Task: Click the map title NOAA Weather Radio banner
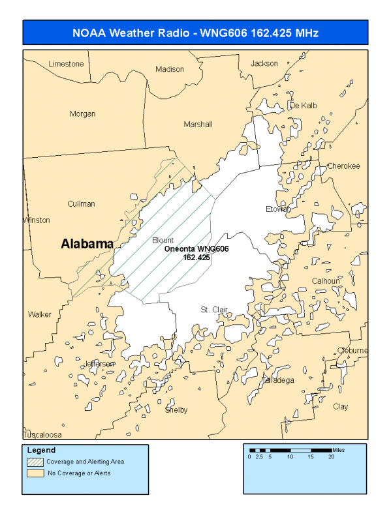[x=196, y=32]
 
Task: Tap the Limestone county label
[x=66, y=64]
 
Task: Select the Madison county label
[x=170, y=69]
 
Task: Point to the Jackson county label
[x=264, y=63]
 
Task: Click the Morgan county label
[x=82, y=114]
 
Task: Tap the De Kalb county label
[x=303, y=106]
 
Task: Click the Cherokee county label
[x=343, y=166]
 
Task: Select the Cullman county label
[x=81, y=204]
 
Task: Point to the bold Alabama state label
[x=87, y=244]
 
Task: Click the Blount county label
[x=163, y=240]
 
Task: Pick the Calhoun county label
[x=325, y=281]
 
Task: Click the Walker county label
[x=39, y=314]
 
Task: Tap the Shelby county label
[x=176, y=410]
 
